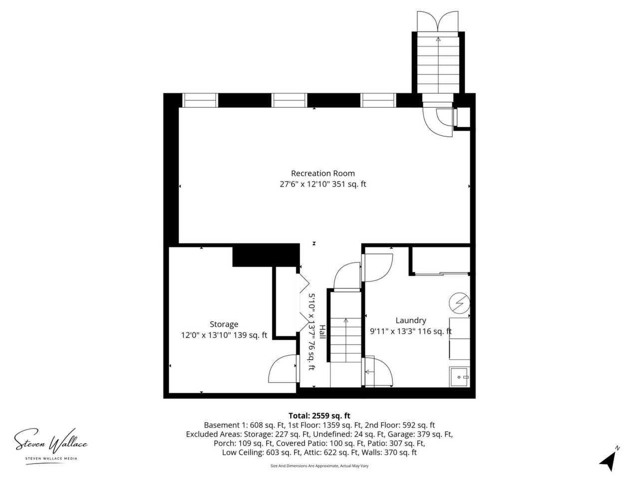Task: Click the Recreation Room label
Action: pyautogui.click(x=322, y=173)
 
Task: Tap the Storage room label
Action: pyautogui.click(x=224, y=324)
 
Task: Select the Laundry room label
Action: pyautogui.click(x=411, y=320)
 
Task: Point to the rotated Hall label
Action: pyautogui.click(x=322, y=331)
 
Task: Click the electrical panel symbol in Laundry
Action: pyautogui.click(x=459, y=303)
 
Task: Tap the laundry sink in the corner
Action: pyautogui.click(x=459, y=377)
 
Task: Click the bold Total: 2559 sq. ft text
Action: pyautogui.click(x=319, y=416)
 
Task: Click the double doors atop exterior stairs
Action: pyautogui.click(x=437, y=21)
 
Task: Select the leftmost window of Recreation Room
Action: pyautogui.click(x=200, y=100)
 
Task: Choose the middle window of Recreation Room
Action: pyautogui.click(x=290, y=100)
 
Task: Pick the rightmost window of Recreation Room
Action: pyautogui.click(x=378, y=100)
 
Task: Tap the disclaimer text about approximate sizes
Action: pyautogui.click(x=319, y=466)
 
